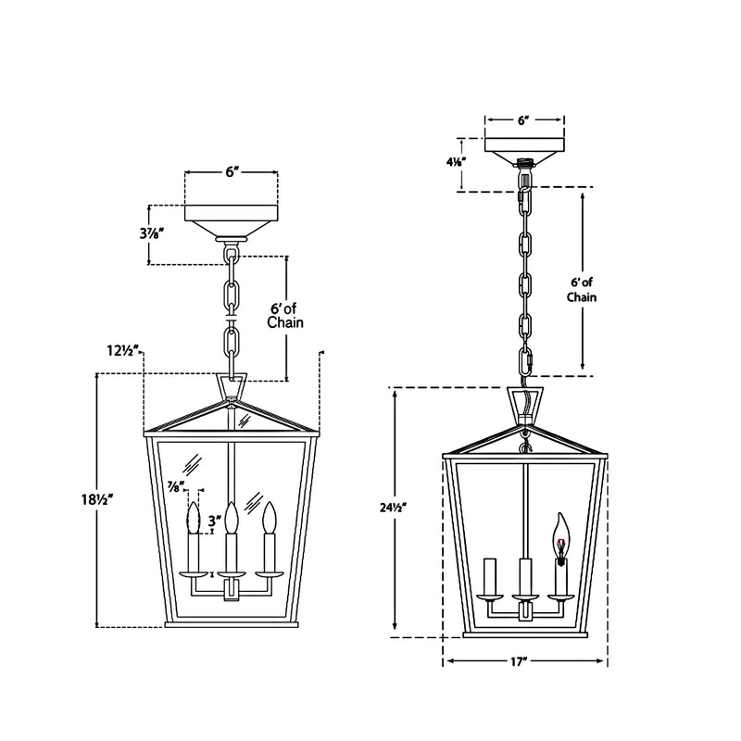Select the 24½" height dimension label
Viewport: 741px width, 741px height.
393,508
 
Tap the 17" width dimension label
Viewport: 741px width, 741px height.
519,661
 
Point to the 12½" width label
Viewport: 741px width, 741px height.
122,351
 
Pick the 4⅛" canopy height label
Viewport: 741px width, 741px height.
457,162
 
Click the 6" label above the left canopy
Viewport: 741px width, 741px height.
231,172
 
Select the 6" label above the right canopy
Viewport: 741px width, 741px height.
521,120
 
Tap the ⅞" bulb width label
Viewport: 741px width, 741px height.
176,486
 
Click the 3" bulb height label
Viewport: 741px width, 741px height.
215,521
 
